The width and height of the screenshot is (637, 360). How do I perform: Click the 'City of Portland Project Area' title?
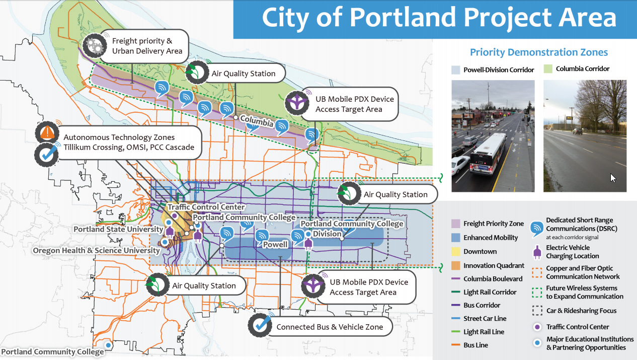439,18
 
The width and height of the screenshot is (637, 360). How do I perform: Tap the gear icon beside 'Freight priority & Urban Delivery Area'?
95,45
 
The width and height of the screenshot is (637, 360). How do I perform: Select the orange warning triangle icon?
47,132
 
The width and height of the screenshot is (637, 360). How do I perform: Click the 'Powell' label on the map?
275,245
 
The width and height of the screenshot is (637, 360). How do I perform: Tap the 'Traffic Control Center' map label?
206,207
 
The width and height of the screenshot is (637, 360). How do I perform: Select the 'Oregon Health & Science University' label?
97,250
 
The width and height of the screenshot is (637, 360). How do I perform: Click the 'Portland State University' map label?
118,229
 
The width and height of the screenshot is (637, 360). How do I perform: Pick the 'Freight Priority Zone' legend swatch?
455,224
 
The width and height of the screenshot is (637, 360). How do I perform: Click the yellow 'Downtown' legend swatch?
455,252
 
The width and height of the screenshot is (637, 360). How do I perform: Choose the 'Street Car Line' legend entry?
479,318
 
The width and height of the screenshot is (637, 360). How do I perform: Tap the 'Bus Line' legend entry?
470,345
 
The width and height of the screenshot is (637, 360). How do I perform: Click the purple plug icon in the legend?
537,252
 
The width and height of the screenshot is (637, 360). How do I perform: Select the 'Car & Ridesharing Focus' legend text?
581,311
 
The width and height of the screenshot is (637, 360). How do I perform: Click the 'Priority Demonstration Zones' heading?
539,52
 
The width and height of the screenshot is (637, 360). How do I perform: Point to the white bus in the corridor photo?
488,154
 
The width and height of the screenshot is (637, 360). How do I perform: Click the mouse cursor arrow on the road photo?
613,178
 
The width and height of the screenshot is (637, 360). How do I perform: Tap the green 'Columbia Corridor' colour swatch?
548,69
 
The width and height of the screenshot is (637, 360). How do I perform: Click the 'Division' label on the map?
327,234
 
